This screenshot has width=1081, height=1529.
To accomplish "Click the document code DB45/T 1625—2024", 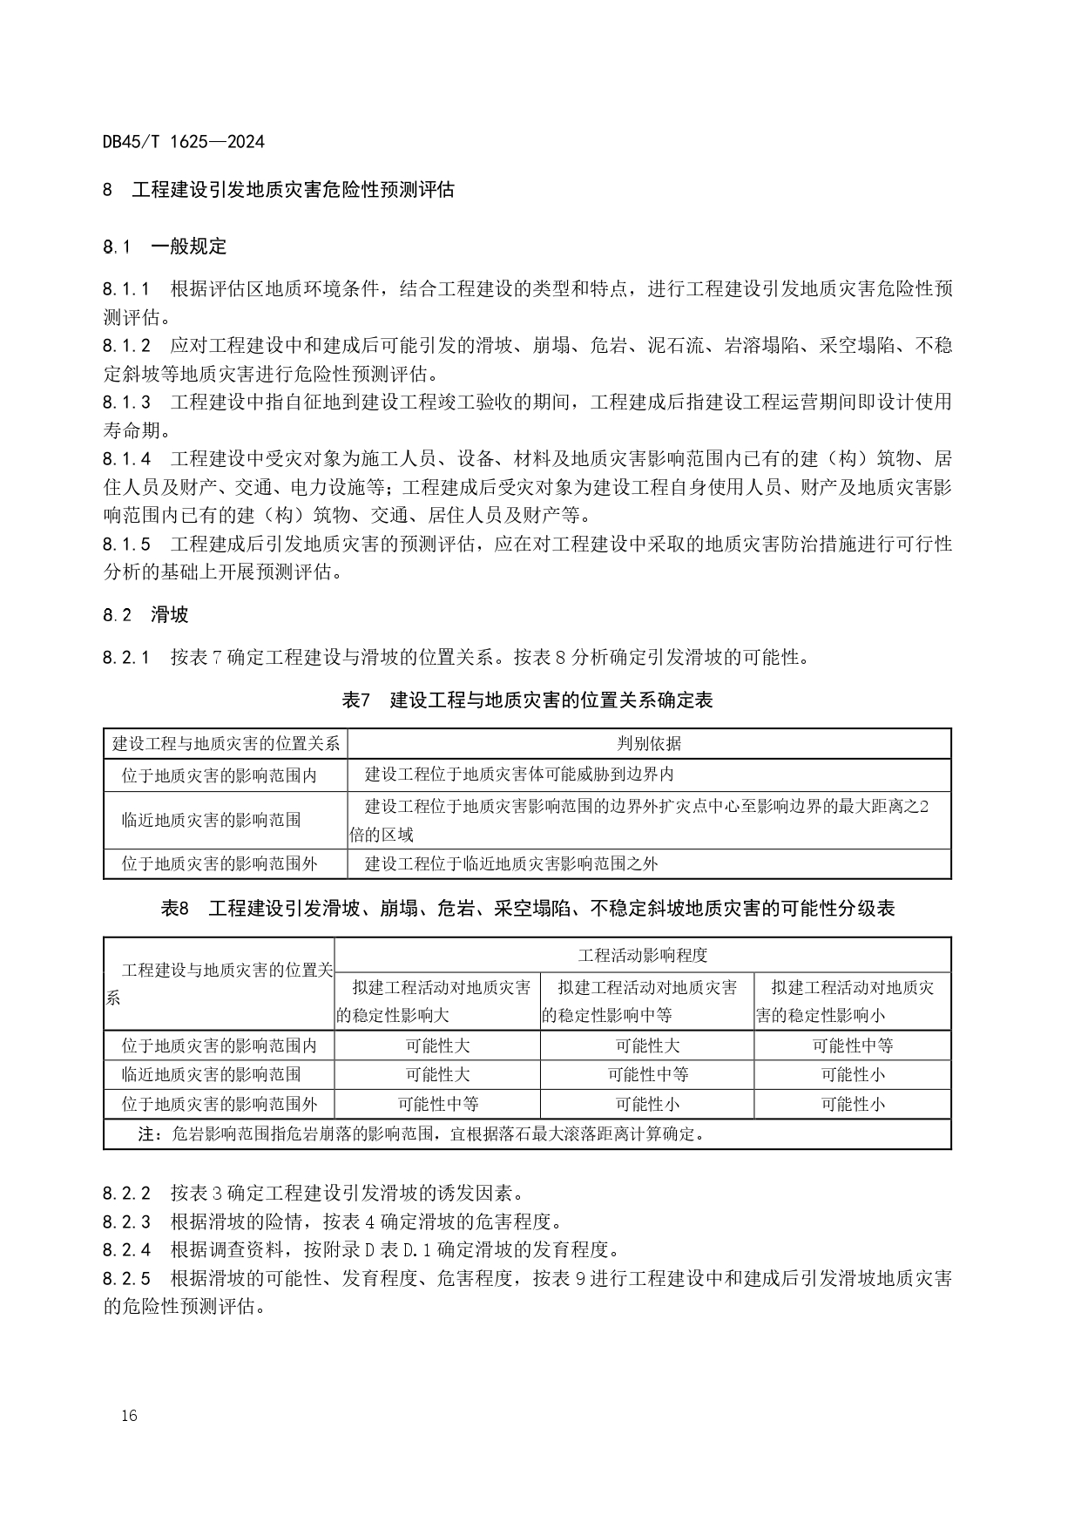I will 183,141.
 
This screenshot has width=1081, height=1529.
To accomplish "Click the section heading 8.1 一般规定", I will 165,247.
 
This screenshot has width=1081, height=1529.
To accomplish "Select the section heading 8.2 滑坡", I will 145,615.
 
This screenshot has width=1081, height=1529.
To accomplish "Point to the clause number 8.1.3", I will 126,402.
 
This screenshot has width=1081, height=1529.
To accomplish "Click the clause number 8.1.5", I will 126,545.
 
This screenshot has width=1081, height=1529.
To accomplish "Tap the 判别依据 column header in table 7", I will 649,743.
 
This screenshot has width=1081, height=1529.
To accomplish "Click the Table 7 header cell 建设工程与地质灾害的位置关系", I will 226,743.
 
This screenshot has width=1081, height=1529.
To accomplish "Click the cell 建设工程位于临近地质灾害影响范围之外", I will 511,863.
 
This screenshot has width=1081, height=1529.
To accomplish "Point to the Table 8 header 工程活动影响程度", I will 643,955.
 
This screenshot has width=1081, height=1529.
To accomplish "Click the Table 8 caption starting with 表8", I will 528,909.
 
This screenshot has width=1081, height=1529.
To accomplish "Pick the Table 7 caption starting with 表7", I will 528,700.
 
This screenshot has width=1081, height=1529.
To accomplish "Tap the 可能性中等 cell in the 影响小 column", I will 852,1045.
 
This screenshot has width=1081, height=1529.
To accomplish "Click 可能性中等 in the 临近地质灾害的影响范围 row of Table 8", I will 647,1074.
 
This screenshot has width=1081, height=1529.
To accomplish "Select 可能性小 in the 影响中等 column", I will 647,1104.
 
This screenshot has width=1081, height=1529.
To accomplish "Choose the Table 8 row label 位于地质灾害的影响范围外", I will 220,1104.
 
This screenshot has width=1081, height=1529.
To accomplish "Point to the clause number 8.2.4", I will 126,1250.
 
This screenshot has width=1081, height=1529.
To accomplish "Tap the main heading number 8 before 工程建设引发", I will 108,189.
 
